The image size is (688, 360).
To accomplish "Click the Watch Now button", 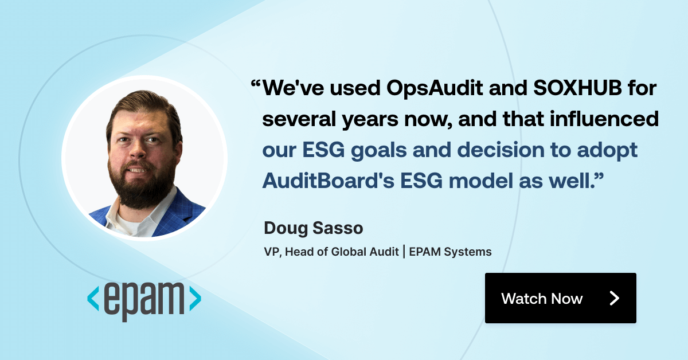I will click(x=560, y=298).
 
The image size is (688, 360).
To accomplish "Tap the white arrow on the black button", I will click(x=614, y=298).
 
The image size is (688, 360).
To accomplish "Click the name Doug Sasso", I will click(x=313, y=228).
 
